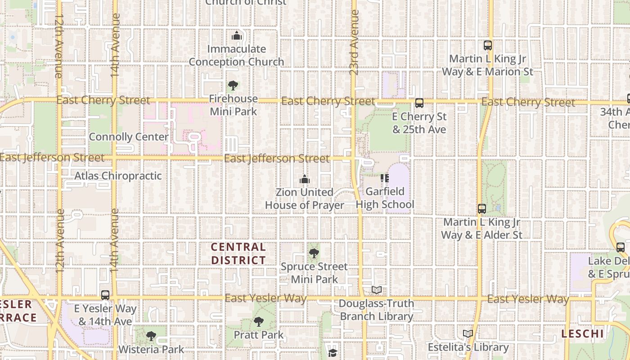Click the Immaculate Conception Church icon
tap(237, 36)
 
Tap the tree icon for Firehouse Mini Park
tap(233, 85)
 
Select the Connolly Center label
tap(129, 137)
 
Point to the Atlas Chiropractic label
tap(118, 175)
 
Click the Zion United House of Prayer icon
tap(305, 180)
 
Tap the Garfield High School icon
tap(385, 178)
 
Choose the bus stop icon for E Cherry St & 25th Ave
tap(419, 103)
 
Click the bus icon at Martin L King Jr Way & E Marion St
tap(488, 45)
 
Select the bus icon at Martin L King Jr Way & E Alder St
tap(482, 209)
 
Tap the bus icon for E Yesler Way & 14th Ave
tap(105, 295)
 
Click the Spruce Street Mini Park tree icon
tap(314, 253)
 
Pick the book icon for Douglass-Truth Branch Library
tap(377, 290)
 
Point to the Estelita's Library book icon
tap(468, 334)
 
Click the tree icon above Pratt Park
tap(259, 321)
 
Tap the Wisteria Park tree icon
tap(151, 336)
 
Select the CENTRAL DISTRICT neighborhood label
tap(238, 253)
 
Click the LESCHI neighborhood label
tap(582, 333)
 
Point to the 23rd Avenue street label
tap(354, 43)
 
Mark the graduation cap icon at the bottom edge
tap(333, 352)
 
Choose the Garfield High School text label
tap(385, 198)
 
